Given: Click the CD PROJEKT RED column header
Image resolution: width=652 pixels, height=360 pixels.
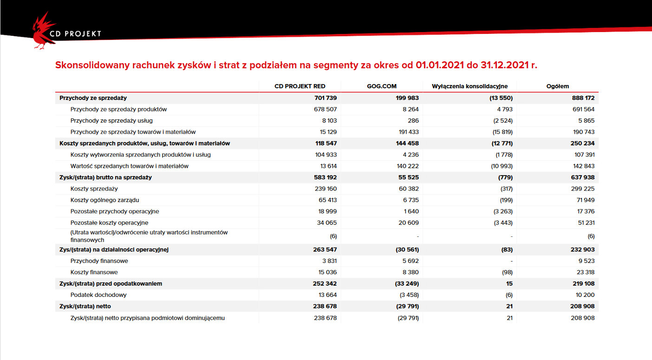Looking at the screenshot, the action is click(300, 86).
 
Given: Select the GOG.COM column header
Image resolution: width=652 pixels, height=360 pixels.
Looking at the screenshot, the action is click(382, 86).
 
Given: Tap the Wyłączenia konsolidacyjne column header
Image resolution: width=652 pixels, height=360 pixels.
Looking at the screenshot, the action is click(469, 86).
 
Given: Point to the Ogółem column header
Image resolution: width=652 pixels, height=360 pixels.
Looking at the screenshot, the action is click(557, 86).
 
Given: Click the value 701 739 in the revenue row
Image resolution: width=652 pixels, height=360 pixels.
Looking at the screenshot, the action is click(326, 98).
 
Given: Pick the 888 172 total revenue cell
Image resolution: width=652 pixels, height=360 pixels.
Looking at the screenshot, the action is click(583, 98).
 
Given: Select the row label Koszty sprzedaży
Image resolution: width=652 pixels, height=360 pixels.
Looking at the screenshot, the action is click(94, 189).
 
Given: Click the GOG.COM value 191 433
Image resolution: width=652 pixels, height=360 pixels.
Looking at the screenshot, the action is click(409, 132).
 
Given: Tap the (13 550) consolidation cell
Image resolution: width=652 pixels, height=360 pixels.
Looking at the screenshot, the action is click(501, 98).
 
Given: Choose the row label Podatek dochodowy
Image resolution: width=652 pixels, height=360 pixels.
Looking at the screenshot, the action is click(98, 295).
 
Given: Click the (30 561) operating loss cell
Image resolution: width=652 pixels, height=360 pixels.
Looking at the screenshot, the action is click(407, 249).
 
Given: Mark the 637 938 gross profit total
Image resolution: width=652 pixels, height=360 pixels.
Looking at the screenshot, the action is click(583, 177).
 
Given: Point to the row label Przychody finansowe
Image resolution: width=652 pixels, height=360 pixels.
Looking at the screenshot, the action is click(99, 261).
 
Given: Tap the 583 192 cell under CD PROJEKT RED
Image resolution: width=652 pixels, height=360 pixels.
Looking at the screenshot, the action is click(325, 177).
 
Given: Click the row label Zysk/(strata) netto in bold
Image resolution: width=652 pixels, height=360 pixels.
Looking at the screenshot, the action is click(85, 306).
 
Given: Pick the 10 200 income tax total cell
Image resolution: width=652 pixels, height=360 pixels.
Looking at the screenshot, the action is click(585, 295).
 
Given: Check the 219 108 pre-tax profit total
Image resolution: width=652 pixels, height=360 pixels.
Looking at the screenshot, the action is click(584, 283).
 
